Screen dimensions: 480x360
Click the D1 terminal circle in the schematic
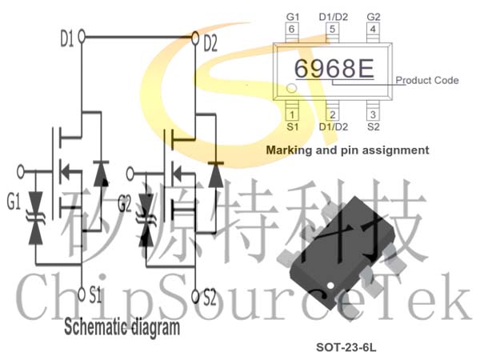click(x=82, y=37)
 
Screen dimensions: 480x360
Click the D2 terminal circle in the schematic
click(x=195, y=38)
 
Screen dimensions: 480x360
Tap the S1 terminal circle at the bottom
click(x=82, y=294)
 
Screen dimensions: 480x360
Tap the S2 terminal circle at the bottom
click(x=195, y=296)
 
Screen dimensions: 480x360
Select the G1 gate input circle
click(x=21, y=172)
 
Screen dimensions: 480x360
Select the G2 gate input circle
click(x=130, y=174)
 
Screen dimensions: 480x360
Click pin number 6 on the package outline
click(x=291, y=29)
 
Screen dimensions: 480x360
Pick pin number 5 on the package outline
click(x=333, y=29)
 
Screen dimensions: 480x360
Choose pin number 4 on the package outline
click(x=373, y=29)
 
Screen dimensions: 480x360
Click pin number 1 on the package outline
click(x=292, y=114)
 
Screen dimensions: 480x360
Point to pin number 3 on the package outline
click(x=373, y=114)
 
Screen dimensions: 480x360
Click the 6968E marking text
click(x=334, y=68)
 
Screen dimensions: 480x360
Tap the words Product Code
click(x=427, y=80)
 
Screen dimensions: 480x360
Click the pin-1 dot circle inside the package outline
click(x=291, y=88)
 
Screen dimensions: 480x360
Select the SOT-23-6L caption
click(x=346, y=347)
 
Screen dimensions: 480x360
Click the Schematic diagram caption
click(x=122, y=327)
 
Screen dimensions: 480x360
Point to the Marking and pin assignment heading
click(x=347, y=150)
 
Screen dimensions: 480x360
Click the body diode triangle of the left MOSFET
click(x=101, y=174)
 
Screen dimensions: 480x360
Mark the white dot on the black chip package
click(x=330, y=286)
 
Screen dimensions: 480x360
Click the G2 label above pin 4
click(x=374, y=17)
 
